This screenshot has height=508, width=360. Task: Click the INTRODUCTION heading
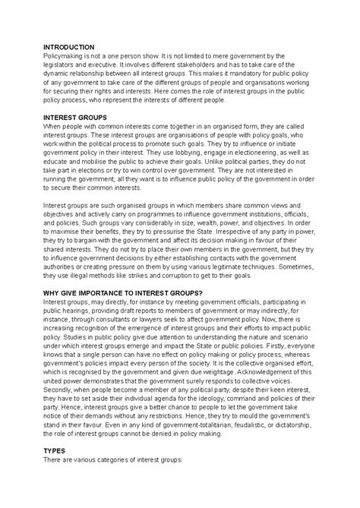click(x=69, y=47)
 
